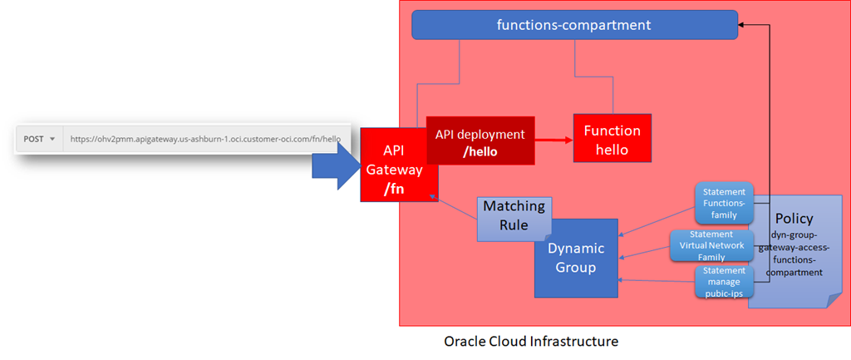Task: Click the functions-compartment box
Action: pos(573,25)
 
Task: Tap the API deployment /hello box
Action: pos(480,141)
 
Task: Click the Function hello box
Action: pos(612,141)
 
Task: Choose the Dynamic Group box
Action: pos(576,258)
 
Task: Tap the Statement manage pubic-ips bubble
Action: pos(723,283)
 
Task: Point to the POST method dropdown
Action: pos(39,139)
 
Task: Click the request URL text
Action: pos(204,139)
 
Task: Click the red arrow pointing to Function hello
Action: pos(553,141)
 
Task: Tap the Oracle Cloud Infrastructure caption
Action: pos(531,342)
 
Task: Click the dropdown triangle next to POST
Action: pos(52,139)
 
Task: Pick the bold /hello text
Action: pos(480,150)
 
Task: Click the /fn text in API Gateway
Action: pos(392,188)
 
